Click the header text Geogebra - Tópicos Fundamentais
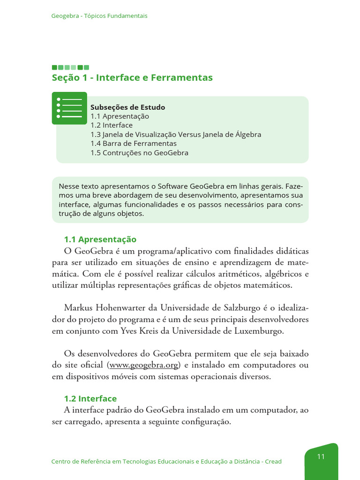(99, 16)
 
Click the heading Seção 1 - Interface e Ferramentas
(132, 78)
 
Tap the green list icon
(69, 108)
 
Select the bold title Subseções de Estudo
(127, 107)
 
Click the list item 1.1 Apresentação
(120, 116)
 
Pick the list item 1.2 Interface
(112, 125)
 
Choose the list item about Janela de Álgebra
(176, 135)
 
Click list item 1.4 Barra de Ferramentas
(134, 143)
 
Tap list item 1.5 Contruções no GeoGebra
(139, 153)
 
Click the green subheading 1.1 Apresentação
(100, 240)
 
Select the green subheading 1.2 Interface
(90, 398)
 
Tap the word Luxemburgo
(262, 331)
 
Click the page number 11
(321, 457)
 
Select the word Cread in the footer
(273, 462)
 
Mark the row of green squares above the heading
(70, 67)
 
